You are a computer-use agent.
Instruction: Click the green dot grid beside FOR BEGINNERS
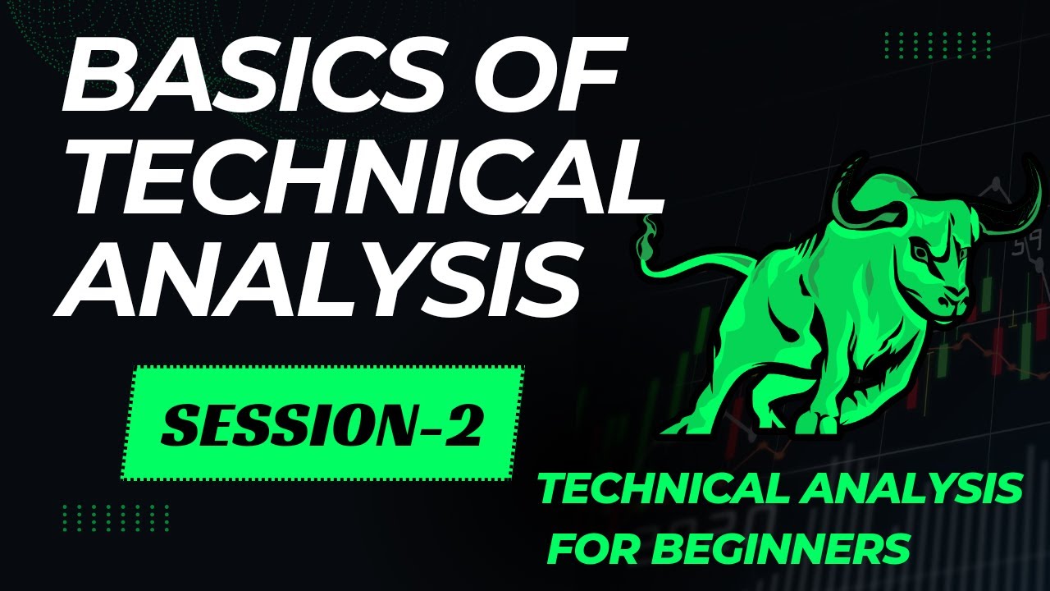(115, 517)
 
